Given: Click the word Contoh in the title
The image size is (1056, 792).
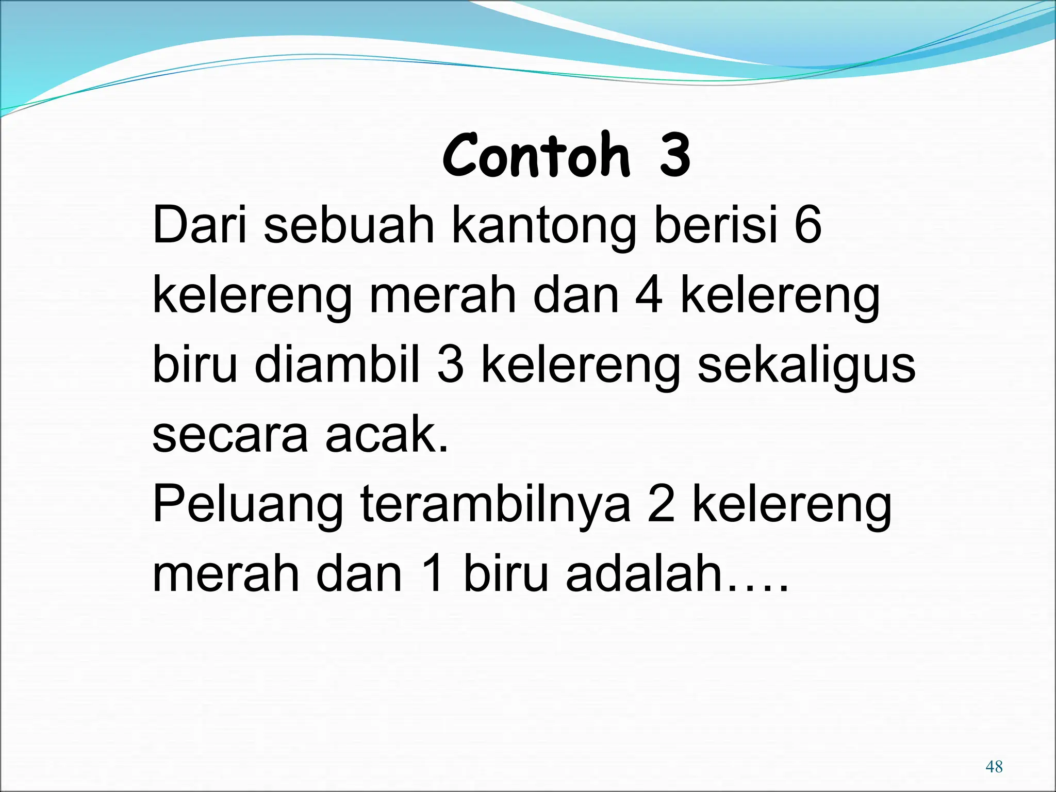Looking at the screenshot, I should (x=536, y=155).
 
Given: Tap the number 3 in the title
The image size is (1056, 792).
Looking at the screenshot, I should (x=674, y=155).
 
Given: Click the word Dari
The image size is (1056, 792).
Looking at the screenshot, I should (x=199, y=225).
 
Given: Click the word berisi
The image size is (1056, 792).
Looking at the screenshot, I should (x=716, y=225).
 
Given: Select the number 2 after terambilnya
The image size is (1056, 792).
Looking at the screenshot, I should (x=661, y=505).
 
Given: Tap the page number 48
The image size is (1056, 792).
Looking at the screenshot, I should (x=994, y=766).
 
